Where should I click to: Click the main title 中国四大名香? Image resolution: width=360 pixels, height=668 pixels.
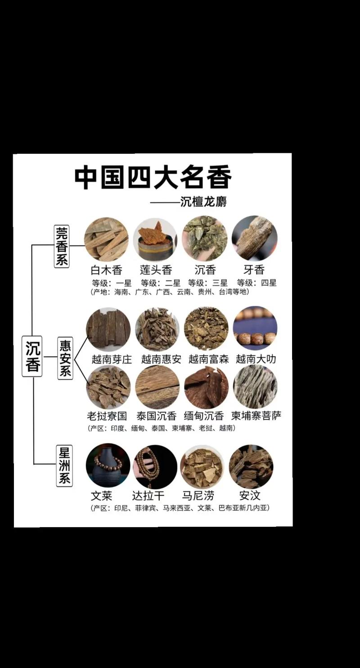[153, 177]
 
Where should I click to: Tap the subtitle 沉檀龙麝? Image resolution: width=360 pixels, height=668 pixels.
[203, 201]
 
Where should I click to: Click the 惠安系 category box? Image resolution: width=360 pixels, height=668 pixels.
[65, 358]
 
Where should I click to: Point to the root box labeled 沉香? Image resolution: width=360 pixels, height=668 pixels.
[32, 357]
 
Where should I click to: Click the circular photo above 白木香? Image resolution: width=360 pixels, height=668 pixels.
[106, 239]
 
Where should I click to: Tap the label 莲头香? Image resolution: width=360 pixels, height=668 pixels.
[156, 270]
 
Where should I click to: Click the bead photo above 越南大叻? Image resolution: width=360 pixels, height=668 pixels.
[255, 329]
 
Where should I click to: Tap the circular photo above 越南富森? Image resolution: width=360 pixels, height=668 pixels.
[206, 329]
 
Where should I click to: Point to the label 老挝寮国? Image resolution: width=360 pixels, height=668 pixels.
[107, 416]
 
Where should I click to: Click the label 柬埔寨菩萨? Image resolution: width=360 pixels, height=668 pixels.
[256, 416]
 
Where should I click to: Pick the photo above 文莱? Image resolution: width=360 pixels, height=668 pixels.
[108, 466]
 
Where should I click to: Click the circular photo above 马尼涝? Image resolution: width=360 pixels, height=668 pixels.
[202, 467]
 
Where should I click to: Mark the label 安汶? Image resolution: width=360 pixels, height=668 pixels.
[250, 496]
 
